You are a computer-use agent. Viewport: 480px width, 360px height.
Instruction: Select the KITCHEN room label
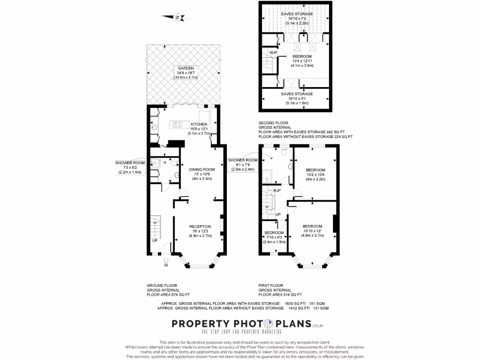coord(198,124)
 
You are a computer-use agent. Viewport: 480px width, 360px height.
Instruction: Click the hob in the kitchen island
coord(178,125)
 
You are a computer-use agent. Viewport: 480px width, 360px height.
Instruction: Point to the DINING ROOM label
coord(202,169)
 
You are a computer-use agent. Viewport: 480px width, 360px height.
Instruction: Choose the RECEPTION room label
coord(201,226)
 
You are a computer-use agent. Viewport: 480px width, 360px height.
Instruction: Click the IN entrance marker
coord(165,265)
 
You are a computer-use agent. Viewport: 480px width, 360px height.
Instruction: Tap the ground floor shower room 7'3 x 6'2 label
coord(130,163)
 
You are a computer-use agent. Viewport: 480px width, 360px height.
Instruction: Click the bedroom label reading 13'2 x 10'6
coord(315,170)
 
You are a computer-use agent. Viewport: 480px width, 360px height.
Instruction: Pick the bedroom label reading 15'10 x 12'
coord(312,226)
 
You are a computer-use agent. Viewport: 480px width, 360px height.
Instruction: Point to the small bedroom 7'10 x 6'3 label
coord(274,233)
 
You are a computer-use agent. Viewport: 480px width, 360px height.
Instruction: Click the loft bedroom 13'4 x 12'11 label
coord(302,56)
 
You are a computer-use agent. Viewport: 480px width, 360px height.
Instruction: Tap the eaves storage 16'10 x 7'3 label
coord(297,14)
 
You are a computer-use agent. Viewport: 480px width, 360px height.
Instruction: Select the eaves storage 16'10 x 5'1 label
coord(297,94)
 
